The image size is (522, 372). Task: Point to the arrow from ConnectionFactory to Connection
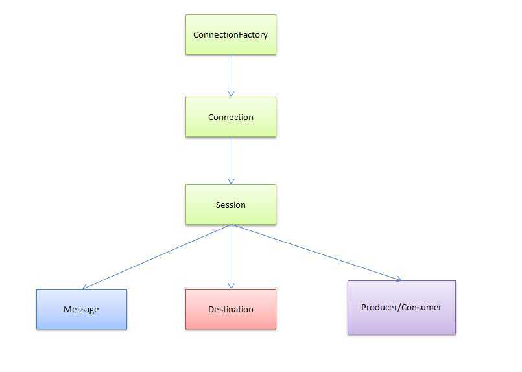click(231, 74)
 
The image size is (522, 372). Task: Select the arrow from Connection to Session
click(231, 159)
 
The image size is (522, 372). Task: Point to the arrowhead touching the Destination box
click(231, 286)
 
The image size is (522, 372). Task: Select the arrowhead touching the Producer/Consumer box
click(397, 279)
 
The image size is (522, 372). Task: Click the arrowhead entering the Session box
click(231, 182)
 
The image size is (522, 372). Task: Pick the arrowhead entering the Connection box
click(231, 93)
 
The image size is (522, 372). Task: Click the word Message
click(81, 310)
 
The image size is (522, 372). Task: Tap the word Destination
click(230, 310)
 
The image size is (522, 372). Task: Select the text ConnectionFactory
click(230, 34)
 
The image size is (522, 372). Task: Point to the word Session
click(230, 205)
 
